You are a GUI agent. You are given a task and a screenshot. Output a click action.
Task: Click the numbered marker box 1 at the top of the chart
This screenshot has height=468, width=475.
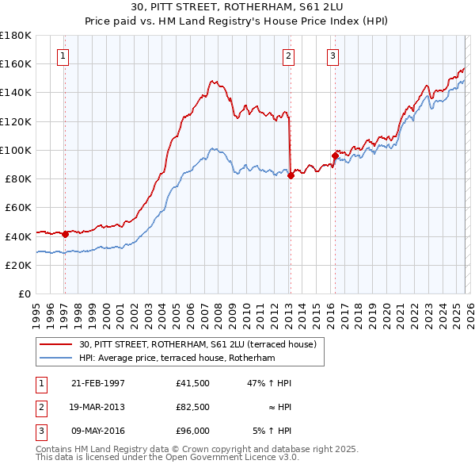tap(63, 56)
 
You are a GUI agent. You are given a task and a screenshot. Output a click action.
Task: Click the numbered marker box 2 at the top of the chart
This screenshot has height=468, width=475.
tap(288, 56)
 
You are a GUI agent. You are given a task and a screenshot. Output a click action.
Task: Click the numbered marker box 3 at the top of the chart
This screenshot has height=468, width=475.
tap(332, 56)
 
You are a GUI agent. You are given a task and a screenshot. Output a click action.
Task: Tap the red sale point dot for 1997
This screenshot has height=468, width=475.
tap(65, 234)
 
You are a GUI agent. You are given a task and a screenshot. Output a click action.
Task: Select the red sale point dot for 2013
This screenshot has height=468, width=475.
tap(291, 175)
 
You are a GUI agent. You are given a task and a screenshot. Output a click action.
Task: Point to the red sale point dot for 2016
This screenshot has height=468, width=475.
tap(335, 156)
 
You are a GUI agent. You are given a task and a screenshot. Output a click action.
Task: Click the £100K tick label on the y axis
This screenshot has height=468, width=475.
tap(15, 150)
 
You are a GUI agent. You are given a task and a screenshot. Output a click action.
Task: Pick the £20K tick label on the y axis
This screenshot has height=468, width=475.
tap(18, 265)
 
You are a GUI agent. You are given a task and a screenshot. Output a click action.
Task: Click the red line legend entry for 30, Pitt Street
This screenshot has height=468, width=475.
tap(198, 344)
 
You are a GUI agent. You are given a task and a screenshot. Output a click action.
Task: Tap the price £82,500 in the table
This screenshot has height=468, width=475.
tap(193, 408)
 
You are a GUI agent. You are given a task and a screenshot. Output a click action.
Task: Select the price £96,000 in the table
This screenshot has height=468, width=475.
tap(193, 432)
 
